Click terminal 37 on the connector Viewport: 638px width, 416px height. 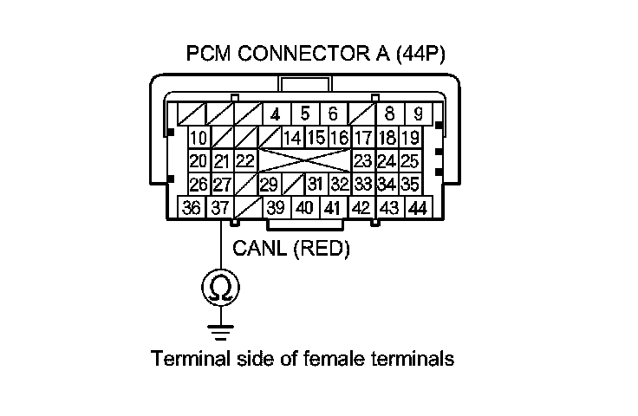click(x=219, y=208)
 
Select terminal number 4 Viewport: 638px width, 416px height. click(x=275, y=114)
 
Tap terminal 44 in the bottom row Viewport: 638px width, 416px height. click(x=418, y=208)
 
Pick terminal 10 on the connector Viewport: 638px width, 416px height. click(x=199, y=138)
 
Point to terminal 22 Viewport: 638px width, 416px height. click(x=244, y=161)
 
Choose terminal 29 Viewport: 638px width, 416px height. click(x=269, y=185)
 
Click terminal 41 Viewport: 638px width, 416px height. click(x=331, y=208)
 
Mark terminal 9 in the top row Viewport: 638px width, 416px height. click(x=418, y=114)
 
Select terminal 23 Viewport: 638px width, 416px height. click(x=362, y=161)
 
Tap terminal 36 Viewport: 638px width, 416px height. click(x=192, y=208)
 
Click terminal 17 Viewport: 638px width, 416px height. click(x=362, y=138)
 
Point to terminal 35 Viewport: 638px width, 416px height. click(x=410, y=185)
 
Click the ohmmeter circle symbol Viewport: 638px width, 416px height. click(x=220, y=288)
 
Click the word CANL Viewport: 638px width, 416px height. click(x=260, y=250)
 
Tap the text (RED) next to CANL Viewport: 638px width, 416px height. click(x=320, y=250)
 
